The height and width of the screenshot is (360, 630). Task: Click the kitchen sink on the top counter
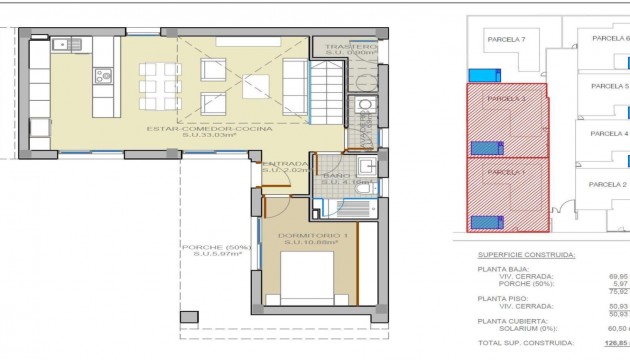click(x=64, y=43)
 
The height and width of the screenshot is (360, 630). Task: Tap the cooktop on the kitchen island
click(x=102, y=75)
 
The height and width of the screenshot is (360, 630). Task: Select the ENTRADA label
click(x=285, y=163)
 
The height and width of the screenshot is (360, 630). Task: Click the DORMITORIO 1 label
click(x=316, y=235)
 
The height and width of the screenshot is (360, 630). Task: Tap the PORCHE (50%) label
click(x=211, y=248)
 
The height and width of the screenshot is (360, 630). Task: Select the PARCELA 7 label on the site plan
click(x=506, y=39)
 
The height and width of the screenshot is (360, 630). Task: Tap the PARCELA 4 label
click(x=609, y=133)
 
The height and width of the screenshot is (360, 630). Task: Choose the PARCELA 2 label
click(x=607, y=184)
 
